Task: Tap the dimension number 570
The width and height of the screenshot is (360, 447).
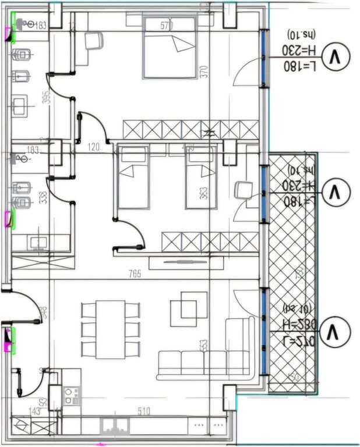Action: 168,26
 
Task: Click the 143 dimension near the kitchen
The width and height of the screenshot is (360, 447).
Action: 35,411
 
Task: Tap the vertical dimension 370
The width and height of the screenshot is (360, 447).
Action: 203,72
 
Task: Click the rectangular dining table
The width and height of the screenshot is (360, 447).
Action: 111,329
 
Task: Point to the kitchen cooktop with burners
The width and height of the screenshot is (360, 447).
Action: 71,396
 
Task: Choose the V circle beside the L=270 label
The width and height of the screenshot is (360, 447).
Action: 334,332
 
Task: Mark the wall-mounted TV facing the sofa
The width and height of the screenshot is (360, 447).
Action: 185,262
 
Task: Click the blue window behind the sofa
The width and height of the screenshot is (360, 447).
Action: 265,332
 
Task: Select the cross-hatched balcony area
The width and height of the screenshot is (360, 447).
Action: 292,274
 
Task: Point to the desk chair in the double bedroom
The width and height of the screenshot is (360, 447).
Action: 93,41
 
